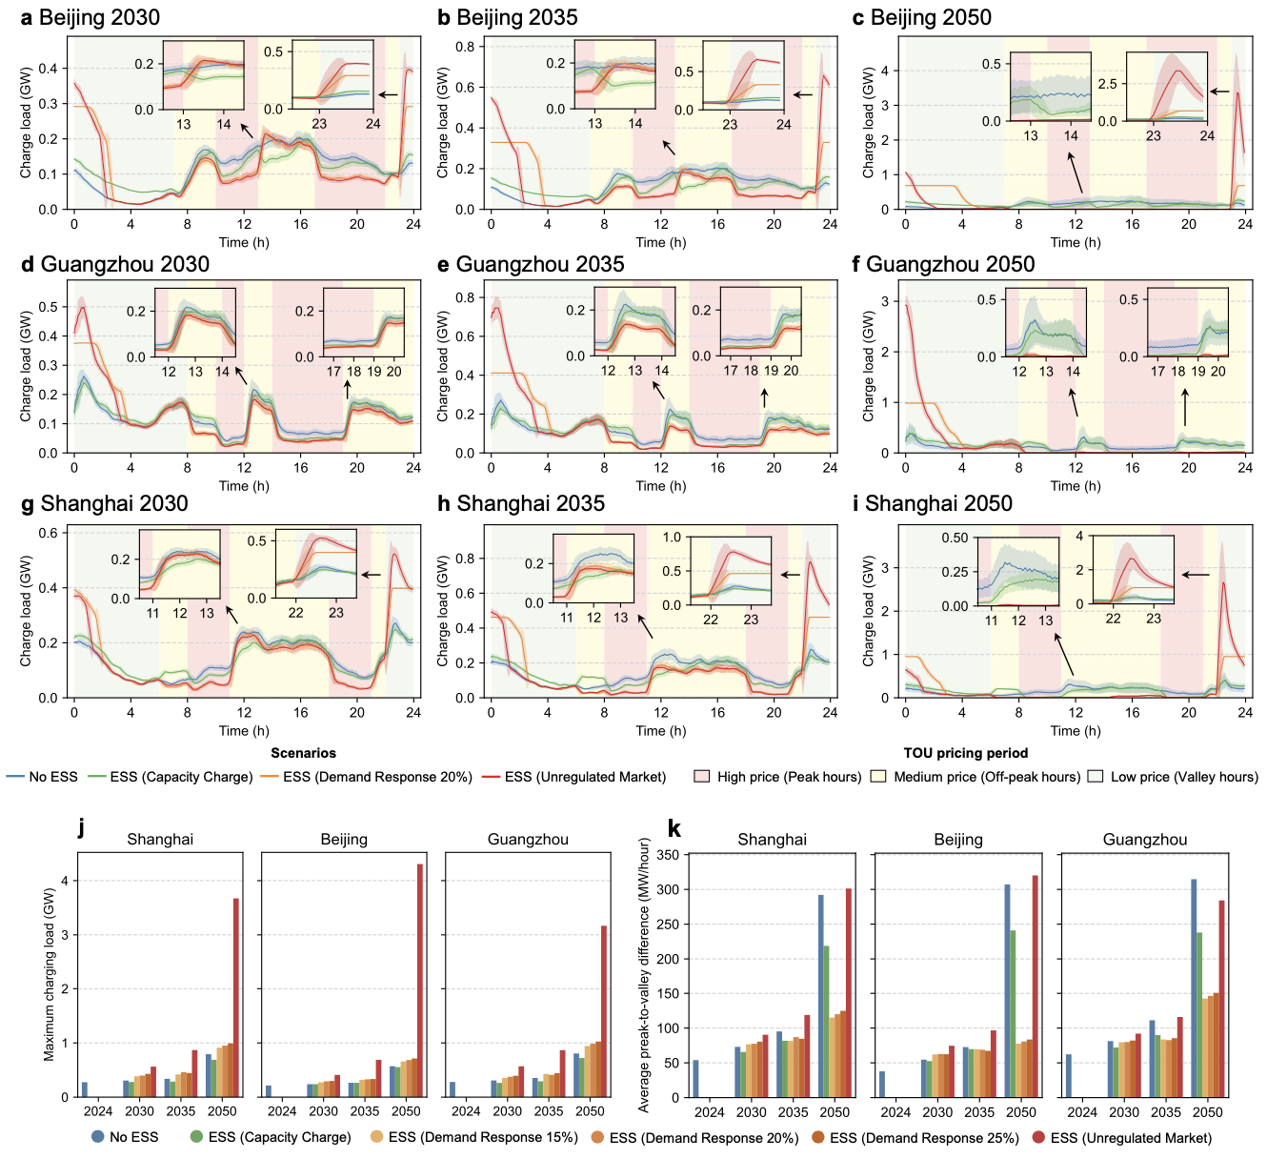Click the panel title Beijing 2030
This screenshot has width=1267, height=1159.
tap(99, 17)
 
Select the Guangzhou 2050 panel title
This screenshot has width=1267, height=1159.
tap(950, 264)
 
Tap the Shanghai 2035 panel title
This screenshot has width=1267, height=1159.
tap(531, 503)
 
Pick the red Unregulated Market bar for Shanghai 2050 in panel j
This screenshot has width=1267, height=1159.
tap(236, 997)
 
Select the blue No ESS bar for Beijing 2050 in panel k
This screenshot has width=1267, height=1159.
tap(1007, 990)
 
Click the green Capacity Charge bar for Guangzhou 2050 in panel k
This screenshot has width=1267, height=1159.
tap(1199, 1014)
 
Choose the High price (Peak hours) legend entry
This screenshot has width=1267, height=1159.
tap(789, 777)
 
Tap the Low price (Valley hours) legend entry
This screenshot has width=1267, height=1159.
tap(1183, 777)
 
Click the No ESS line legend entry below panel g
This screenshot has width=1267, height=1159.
tap(52, 777)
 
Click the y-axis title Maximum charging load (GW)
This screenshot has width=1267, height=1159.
tap(49, 974)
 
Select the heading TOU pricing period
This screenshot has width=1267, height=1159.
tap(966, 753)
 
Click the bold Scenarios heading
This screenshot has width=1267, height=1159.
tap(303, 753)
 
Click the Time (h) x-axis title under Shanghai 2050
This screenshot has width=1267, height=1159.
tap(1076, 731)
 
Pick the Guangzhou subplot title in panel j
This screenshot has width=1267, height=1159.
tap(528, 840)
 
